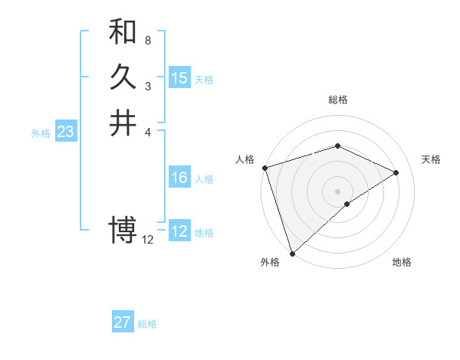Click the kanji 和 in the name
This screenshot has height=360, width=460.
tap(123, 32)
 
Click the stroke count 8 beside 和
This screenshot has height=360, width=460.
tap(147, 40)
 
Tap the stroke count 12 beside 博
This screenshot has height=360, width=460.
tap(148, 239)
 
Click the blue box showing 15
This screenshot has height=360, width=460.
tap(179, 78)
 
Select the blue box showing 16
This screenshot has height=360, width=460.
tap(179, 178)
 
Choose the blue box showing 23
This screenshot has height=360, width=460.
tap(65, 133)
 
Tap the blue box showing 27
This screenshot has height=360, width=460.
tap(123, 322)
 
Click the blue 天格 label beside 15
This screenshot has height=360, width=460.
tap(204, 80)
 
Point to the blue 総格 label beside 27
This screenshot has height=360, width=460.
tap(147, 324)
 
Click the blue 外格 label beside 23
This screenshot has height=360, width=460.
tap(41, 133)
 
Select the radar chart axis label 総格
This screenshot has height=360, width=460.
tap(338, 100)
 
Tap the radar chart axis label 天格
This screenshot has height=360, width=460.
tap(432, 159)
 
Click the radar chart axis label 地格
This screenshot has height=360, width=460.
tap(402, 263)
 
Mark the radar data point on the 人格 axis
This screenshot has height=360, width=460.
tap(264, 168)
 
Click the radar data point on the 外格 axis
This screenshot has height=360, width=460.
tap(292, 253)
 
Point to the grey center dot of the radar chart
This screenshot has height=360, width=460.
tap(337, 191)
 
